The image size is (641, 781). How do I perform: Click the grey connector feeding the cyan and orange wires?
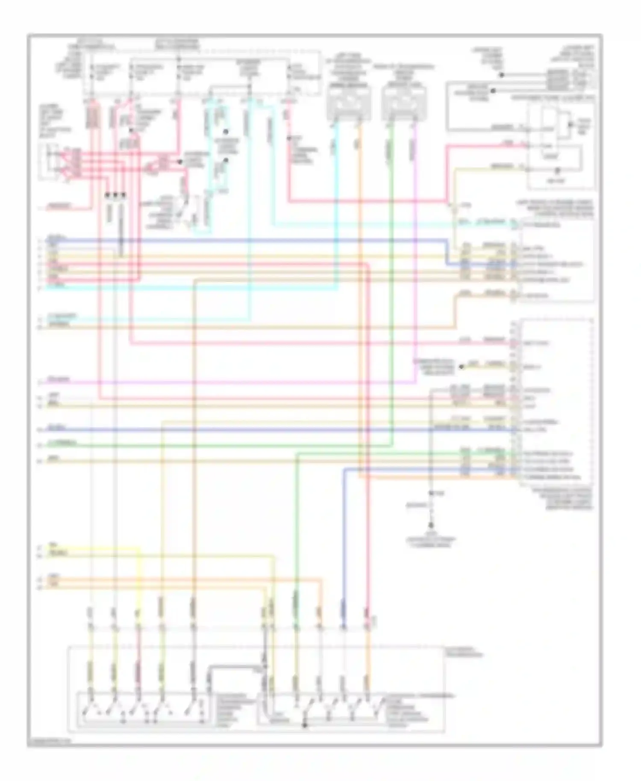pyautogui.click(x=348, y=103)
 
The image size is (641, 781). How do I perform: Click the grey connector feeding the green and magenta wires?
pyautogui.click(x=403, y=103)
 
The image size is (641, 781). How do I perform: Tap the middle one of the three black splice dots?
pyautogui.click(x=115, y=195)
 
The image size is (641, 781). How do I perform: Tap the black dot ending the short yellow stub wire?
pyautogui.click(x=462, y=367)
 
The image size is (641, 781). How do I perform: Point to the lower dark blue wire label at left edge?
pyautogui.click(x=57, y=428)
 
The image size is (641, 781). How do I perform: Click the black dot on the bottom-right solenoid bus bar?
pyautogui.click(x=305, y=725)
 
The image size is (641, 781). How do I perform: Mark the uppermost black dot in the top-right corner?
pyautogui.click(x=502, y=75)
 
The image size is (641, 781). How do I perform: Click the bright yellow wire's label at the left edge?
pyautogui.click(x=53, y=546)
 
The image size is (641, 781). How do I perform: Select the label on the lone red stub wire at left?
pyautogui.click(x=60, y=206)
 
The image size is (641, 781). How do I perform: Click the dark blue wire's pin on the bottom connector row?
pyautogui.click(x=343, y=628)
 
